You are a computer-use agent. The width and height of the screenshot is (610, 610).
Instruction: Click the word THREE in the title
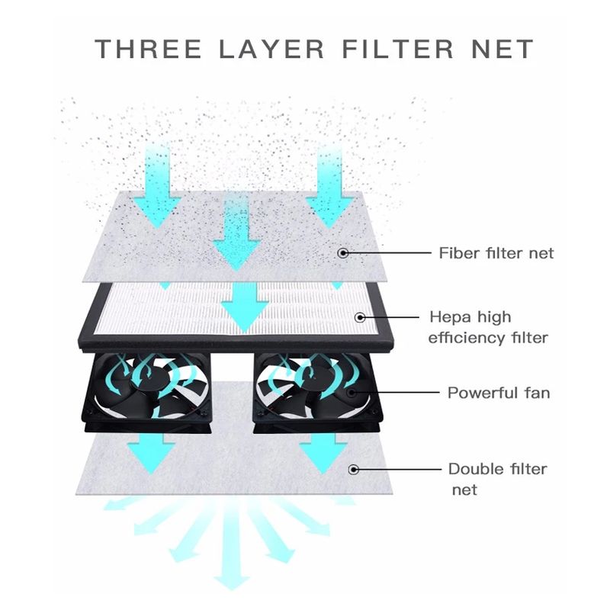pyautogui.click(x=148, y=49)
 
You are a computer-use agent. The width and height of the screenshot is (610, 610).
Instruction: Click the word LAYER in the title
pyautogui.click(x=271, y=49)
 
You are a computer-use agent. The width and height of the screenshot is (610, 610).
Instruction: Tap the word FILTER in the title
pyautogui.click(x=397, y=49)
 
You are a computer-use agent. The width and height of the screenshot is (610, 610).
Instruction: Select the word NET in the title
pyautogui.click(x=502, y=49)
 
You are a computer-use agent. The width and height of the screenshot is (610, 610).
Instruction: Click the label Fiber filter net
pyautogui.click(x=496, y=253)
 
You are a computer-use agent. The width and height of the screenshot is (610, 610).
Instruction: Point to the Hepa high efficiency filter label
pyautogui.click(x=488, y=328)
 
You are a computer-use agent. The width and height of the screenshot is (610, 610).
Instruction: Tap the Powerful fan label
pyautogui.click(x=499, y=393)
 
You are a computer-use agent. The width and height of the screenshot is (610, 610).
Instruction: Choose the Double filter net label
pyautogui.click(x=498, y=479)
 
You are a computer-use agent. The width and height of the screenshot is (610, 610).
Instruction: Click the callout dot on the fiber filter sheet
pyautogui.click(x=342, y=253)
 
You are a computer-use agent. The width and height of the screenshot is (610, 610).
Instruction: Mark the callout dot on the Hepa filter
pyautogui.click(x=361, y=317)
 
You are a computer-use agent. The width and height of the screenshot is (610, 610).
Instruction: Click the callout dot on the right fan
pyautogui.click(x=352, y=392)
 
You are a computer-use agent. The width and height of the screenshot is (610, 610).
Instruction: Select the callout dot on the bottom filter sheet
pyautogui.click(x=354, y=470)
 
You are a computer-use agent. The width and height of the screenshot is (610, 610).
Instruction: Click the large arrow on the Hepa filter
pyautogui.click(x=244, y=307)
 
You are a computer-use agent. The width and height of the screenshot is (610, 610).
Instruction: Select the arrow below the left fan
pyautogui.click(x=151, y=454)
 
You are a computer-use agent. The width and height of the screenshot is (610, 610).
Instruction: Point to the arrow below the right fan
pyautogui.click(x=323, y=454)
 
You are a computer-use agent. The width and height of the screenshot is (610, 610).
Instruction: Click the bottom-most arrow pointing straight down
pyautogui.click(x=233, y=548)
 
